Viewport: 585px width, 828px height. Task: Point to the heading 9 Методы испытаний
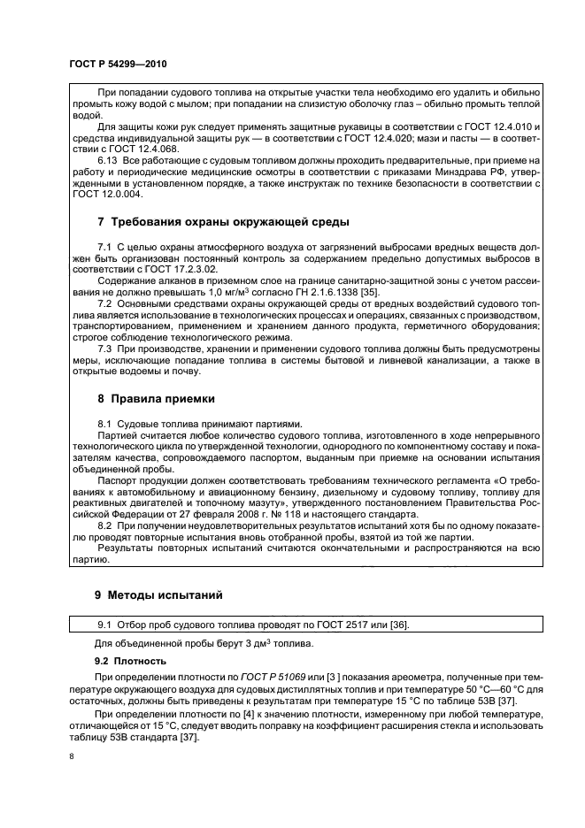159,594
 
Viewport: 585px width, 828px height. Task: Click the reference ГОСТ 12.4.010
501,127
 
